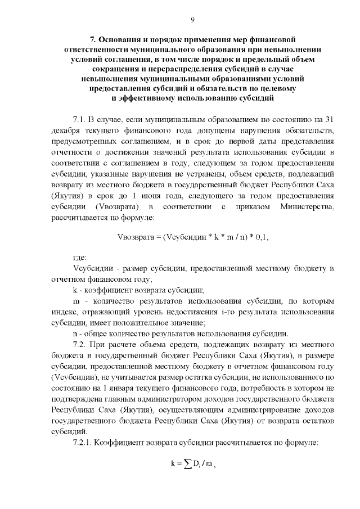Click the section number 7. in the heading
pos(94,40)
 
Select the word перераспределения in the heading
pos(168,69)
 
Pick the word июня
pos(148,197)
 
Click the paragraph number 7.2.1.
pos(84,442)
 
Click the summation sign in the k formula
pos(187,464)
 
